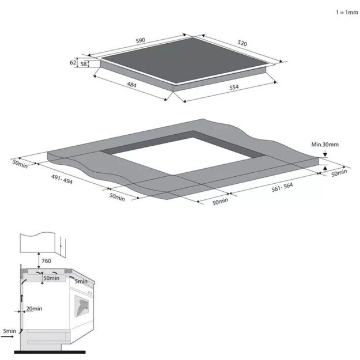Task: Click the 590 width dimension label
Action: point(141,40)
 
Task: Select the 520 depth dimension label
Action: point(242,43)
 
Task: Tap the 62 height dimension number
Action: point(73,62)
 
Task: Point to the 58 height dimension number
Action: point(84,64)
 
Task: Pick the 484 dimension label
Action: point(132,85)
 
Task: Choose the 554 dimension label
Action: point(234,87)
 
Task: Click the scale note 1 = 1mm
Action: point(347,13)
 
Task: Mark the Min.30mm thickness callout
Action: point(325,145)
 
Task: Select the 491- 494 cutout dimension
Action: point(62,179)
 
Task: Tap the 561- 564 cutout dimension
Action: point(282,187)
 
